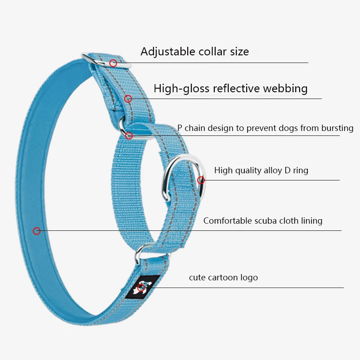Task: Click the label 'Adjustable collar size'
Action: [x=194, y=51]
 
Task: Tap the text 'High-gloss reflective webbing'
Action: [x=230, y=88]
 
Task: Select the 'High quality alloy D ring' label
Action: [x=261, y=170]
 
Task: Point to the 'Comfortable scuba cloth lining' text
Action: [x=263, y=220]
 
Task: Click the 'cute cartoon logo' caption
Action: [x=223, y=277]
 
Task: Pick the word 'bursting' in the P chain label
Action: [x=337, y=128]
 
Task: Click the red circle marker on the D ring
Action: [x=201, y=180]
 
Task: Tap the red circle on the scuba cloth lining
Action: [x=37, y=231]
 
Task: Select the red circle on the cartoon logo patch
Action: [x=141, y=288]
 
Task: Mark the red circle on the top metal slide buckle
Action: [x=113, y=63]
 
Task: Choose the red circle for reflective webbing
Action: [x=128, y=99]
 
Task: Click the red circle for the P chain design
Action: [x=129, y=135]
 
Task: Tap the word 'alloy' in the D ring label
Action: [x=269, y=170]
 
